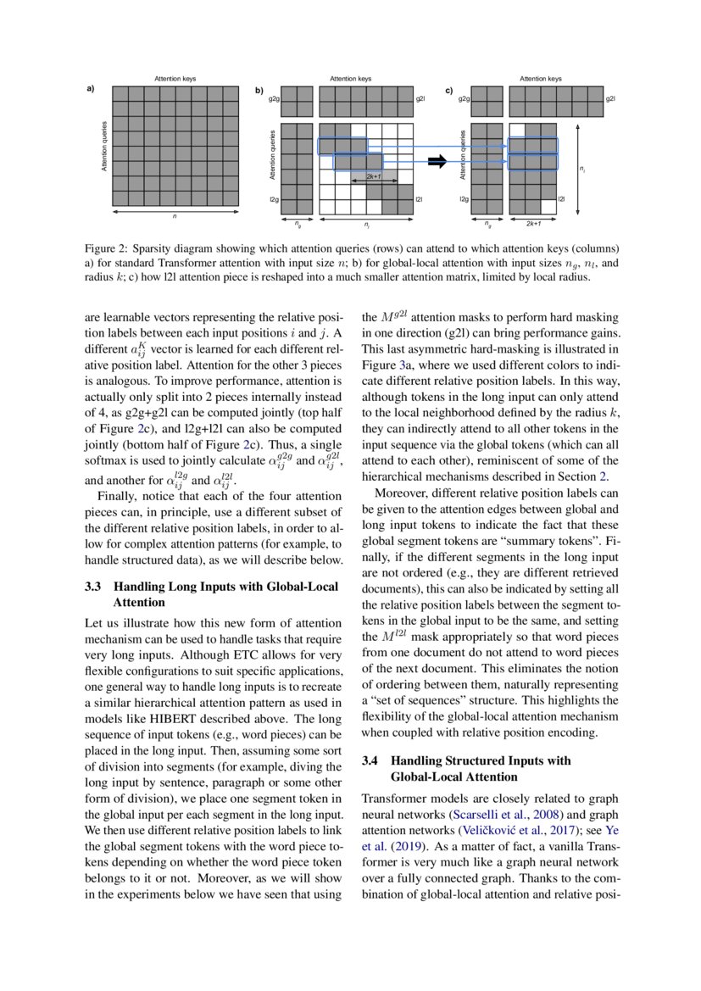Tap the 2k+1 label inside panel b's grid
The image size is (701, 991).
(x=373, y=176)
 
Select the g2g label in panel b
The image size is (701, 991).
(x=274, y=99)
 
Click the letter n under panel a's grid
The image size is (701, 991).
(x=175, y=217)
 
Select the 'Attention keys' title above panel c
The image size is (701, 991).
(x=541, y=79)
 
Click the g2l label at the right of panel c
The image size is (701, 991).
(x=610, y=99)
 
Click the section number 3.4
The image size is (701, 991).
(x=371, y=760)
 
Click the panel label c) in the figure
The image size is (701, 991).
(x=449, y=89)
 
